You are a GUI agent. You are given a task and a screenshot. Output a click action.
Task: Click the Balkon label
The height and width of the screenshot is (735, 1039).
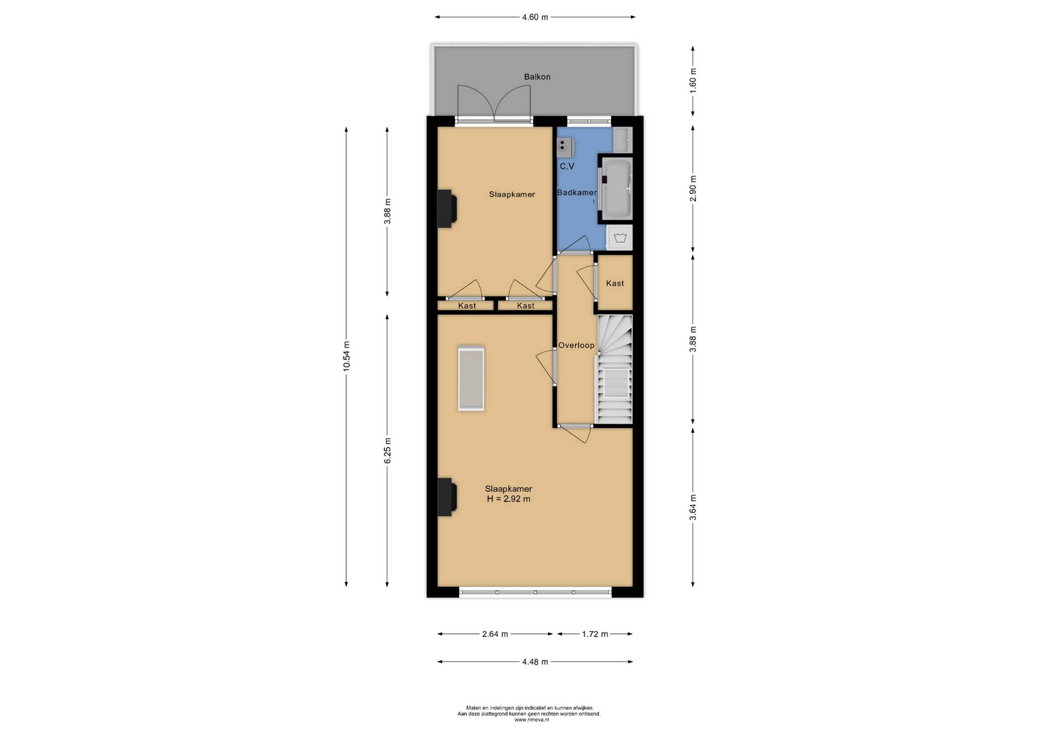point(537,77)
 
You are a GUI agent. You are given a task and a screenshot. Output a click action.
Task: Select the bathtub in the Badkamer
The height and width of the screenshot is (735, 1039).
point(616,189)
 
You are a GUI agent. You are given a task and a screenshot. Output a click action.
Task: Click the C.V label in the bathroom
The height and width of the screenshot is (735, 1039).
point(567,166)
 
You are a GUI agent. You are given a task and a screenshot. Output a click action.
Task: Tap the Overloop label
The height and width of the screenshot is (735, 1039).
point(576,345)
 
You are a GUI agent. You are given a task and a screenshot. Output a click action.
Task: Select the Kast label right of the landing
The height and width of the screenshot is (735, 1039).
point(615,283)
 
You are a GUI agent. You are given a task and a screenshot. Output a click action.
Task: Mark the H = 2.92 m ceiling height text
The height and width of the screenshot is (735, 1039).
point(509,499)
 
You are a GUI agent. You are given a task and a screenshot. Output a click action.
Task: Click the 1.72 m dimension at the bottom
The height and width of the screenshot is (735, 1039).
point(595,634)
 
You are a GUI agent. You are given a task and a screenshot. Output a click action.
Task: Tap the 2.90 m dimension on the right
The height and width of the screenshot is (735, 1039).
point(693,188)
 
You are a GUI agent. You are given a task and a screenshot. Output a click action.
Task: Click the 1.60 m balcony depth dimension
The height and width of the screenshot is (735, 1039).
point(693,81)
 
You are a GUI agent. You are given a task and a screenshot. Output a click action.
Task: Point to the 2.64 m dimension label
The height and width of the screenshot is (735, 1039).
point(495,634)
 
